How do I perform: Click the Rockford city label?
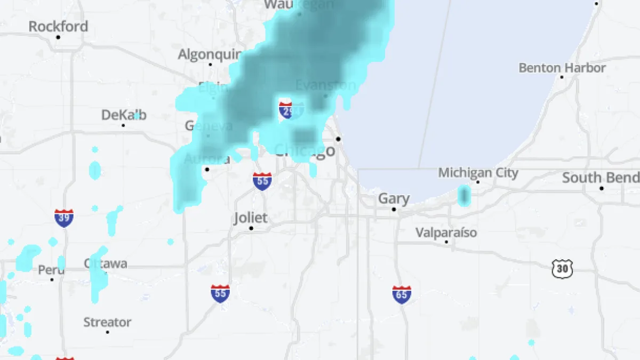point(58,26)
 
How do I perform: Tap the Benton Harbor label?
point(562,68)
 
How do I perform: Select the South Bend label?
point(601,178)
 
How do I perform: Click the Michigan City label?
point(478,173)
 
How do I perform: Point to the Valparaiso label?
point(446,233)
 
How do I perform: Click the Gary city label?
point(394,199)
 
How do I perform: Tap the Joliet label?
point(251,218)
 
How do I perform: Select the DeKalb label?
point(124,115)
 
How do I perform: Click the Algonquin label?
point(210,54)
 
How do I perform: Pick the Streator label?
point(107,322)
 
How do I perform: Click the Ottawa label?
point(106,263)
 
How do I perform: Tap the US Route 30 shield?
point(562,268)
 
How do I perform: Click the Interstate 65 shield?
point(402,294)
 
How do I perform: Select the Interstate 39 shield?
point(63,218)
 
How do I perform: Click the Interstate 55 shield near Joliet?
point(262,181)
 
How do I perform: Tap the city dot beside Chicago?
point(338,139)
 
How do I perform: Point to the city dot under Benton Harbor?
point(562,77)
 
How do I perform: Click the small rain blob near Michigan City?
point(464,196)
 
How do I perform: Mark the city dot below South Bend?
point(602,188)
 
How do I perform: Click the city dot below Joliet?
point(251,228)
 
